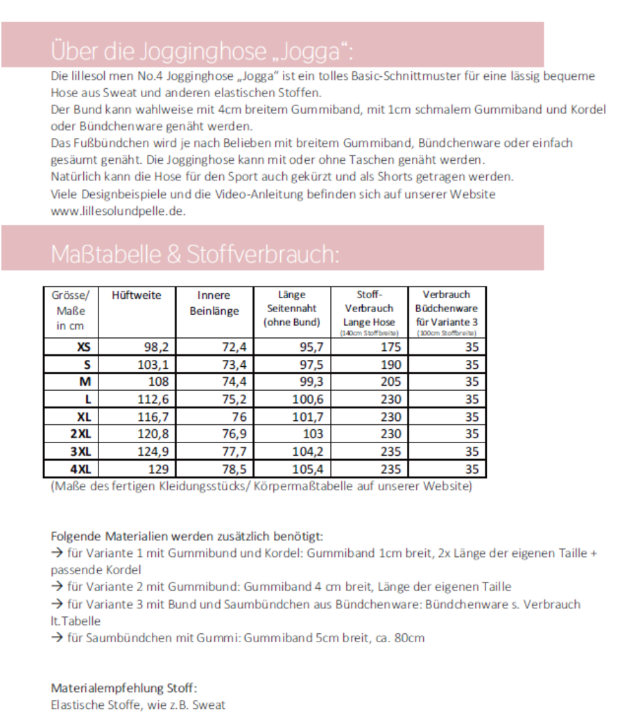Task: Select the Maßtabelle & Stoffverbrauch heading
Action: (195, 255)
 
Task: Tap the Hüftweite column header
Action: (136, 295)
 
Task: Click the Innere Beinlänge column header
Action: (214, 303)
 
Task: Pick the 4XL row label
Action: (80, 469)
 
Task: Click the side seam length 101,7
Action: (308, 417)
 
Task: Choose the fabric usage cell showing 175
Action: (391, 347)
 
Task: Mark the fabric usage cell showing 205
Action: (391, 381)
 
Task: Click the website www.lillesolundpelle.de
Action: (118, 212)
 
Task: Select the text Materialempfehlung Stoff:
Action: (124, 688)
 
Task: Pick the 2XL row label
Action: (80, 434)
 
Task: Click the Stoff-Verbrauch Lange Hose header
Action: (369, 309)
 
